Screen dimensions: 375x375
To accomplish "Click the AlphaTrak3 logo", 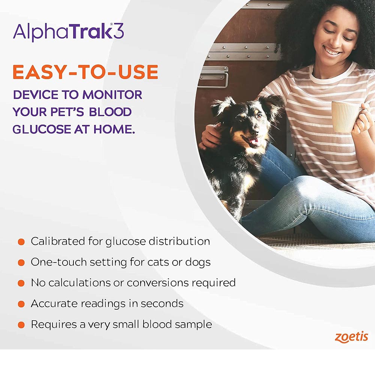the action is coord(68,32).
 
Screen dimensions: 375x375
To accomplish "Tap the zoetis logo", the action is coord(351,337).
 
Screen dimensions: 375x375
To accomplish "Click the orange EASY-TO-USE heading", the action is coord(85,72).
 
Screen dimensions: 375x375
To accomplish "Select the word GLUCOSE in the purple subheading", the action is coord(42,129).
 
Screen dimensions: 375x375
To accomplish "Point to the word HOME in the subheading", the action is coord(114,129).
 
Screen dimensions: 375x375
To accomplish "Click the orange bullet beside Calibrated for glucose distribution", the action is coord(21,242).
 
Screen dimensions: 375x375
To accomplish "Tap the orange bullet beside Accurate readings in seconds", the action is coord(21,304).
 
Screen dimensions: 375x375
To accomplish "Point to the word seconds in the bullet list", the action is coord(162,304).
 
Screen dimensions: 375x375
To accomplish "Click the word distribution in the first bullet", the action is coord(179,241).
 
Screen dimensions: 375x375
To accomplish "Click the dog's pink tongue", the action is coord(254,142).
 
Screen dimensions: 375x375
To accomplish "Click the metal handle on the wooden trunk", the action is coord(213,76).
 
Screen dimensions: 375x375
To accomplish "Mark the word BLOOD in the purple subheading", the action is coord(110,112).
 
